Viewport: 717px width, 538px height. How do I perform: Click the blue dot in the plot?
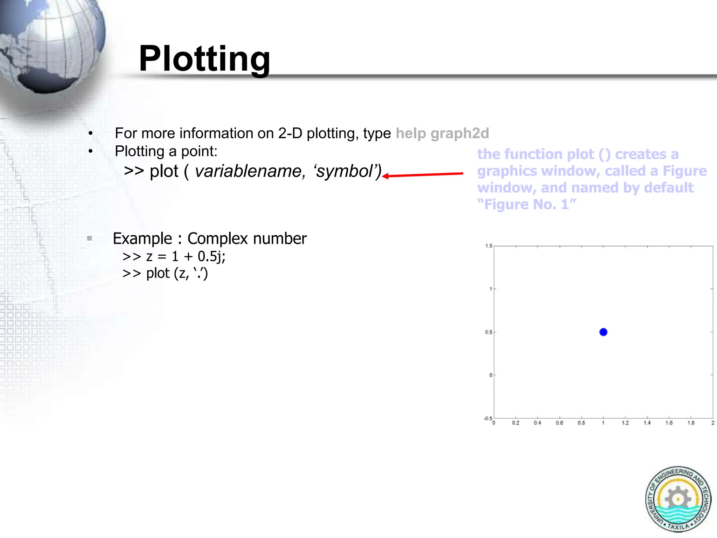(x=603, y=332)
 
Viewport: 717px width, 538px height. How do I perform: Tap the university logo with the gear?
(x=678, y=499)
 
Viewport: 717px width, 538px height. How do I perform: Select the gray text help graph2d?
(x=442, y=133)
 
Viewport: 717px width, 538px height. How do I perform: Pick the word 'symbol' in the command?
(x=347, y=171)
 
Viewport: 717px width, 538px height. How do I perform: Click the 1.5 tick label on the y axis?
(x=489, y=246)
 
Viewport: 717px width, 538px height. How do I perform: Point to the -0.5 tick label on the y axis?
(x=488, y=419)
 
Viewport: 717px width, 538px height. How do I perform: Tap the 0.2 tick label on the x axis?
(x=516, y=423)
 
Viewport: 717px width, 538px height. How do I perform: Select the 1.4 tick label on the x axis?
(x=647, y=423)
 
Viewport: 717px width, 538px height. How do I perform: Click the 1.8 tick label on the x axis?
(x=691, y=423)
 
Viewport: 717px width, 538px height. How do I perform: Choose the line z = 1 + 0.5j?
(x=174, y=256)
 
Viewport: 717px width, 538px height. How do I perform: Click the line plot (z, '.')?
(x=165, y=273)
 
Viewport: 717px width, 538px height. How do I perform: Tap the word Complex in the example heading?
(x=218, y=239)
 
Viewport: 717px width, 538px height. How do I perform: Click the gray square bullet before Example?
(x=90, y=239)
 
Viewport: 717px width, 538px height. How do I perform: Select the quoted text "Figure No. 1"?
(x=527, y=205)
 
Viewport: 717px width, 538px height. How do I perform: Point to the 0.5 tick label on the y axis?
(x=488, y=332)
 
